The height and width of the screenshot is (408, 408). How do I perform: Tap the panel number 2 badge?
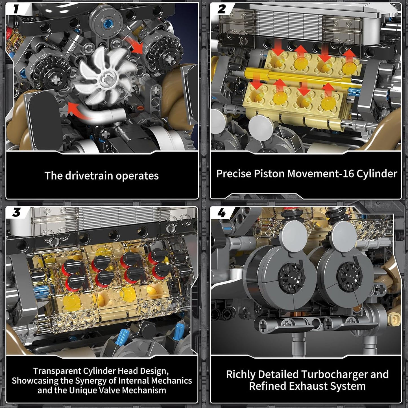(222, 9)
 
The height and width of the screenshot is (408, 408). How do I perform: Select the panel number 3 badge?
(16, 212)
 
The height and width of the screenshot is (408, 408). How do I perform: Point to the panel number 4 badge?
(222, 213)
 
